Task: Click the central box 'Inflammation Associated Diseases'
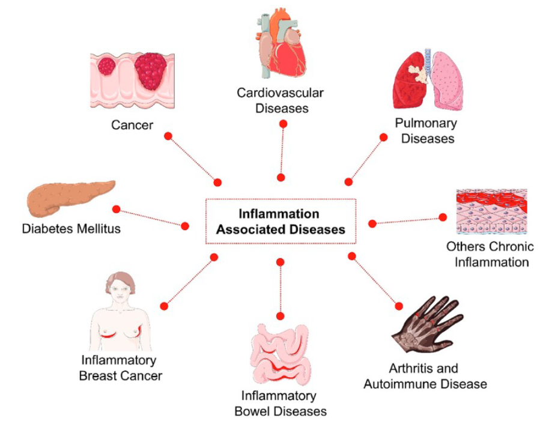pos(281,222)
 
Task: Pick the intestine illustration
pos(281,355)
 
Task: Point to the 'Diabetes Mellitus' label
pos(71,229)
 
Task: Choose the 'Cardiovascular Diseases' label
pos(281,101)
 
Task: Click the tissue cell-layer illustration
pos(491,212)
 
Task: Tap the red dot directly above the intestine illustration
pos(280,316)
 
